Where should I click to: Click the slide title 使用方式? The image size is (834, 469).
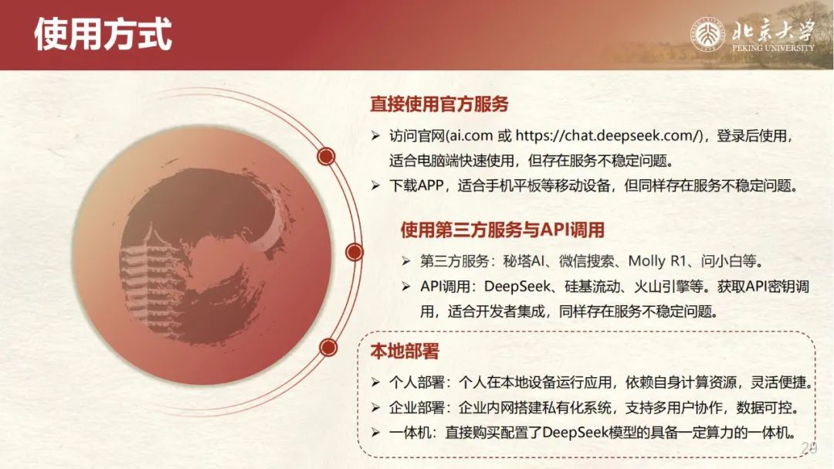[x=103, y=34]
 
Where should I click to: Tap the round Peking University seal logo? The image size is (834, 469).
[x=707, y=35]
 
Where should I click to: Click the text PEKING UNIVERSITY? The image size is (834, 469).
[x=773, y=48]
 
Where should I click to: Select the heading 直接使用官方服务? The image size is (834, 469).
[x=439, y=104]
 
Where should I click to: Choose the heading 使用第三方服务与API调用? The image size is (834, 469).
[x=503, y=230]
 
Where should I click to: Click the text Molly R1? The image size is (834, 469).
[x=657, y=261]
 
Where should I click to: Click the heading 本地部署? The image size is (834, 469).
[x=405, y=352]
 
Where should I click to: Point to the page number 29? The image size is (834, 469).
[x=809, y=448]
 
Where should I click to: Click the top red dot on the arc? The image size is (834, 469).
[x=326, y=156]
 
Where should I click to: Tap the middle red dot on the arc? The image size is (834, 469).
[x=354, y=252]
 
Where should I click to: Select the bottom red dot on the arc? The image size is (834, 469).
[x=329, y=348]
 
